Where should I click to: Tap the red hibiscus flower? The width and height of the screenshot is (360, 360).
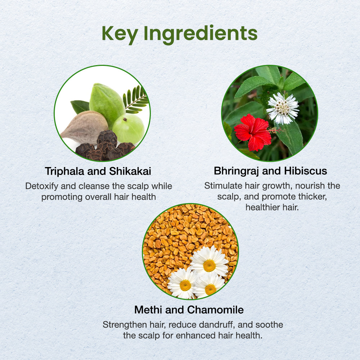point(253,132)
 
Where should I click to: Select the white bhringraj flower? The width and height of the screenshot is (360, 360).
point(283,108)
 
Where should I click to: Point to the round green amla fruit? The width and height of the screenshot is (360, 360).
point(129,129)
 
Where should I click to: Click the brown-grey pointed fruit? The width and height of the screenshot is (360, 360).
point(85,127)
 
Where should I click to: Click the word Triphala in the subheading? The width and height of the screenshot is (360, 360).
point(64,171)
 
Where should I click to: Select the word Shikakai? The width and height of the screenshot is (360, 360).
point(130,171)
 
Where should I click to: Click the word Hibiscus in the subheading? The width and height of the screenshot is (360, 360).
point(306,171)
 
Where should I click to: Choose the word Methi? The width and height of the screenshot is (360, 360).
point(148,310)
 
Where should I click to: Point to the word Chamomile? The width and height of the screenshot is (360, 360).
point(215,310)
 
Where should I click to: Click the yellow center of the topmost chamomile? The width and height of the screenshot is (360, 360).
point(210,265)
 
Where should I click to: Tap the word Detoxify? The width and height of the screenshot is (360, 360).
point(42,186)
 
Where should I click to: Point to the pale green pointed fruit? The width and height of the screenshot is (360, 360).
point(107,104)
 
